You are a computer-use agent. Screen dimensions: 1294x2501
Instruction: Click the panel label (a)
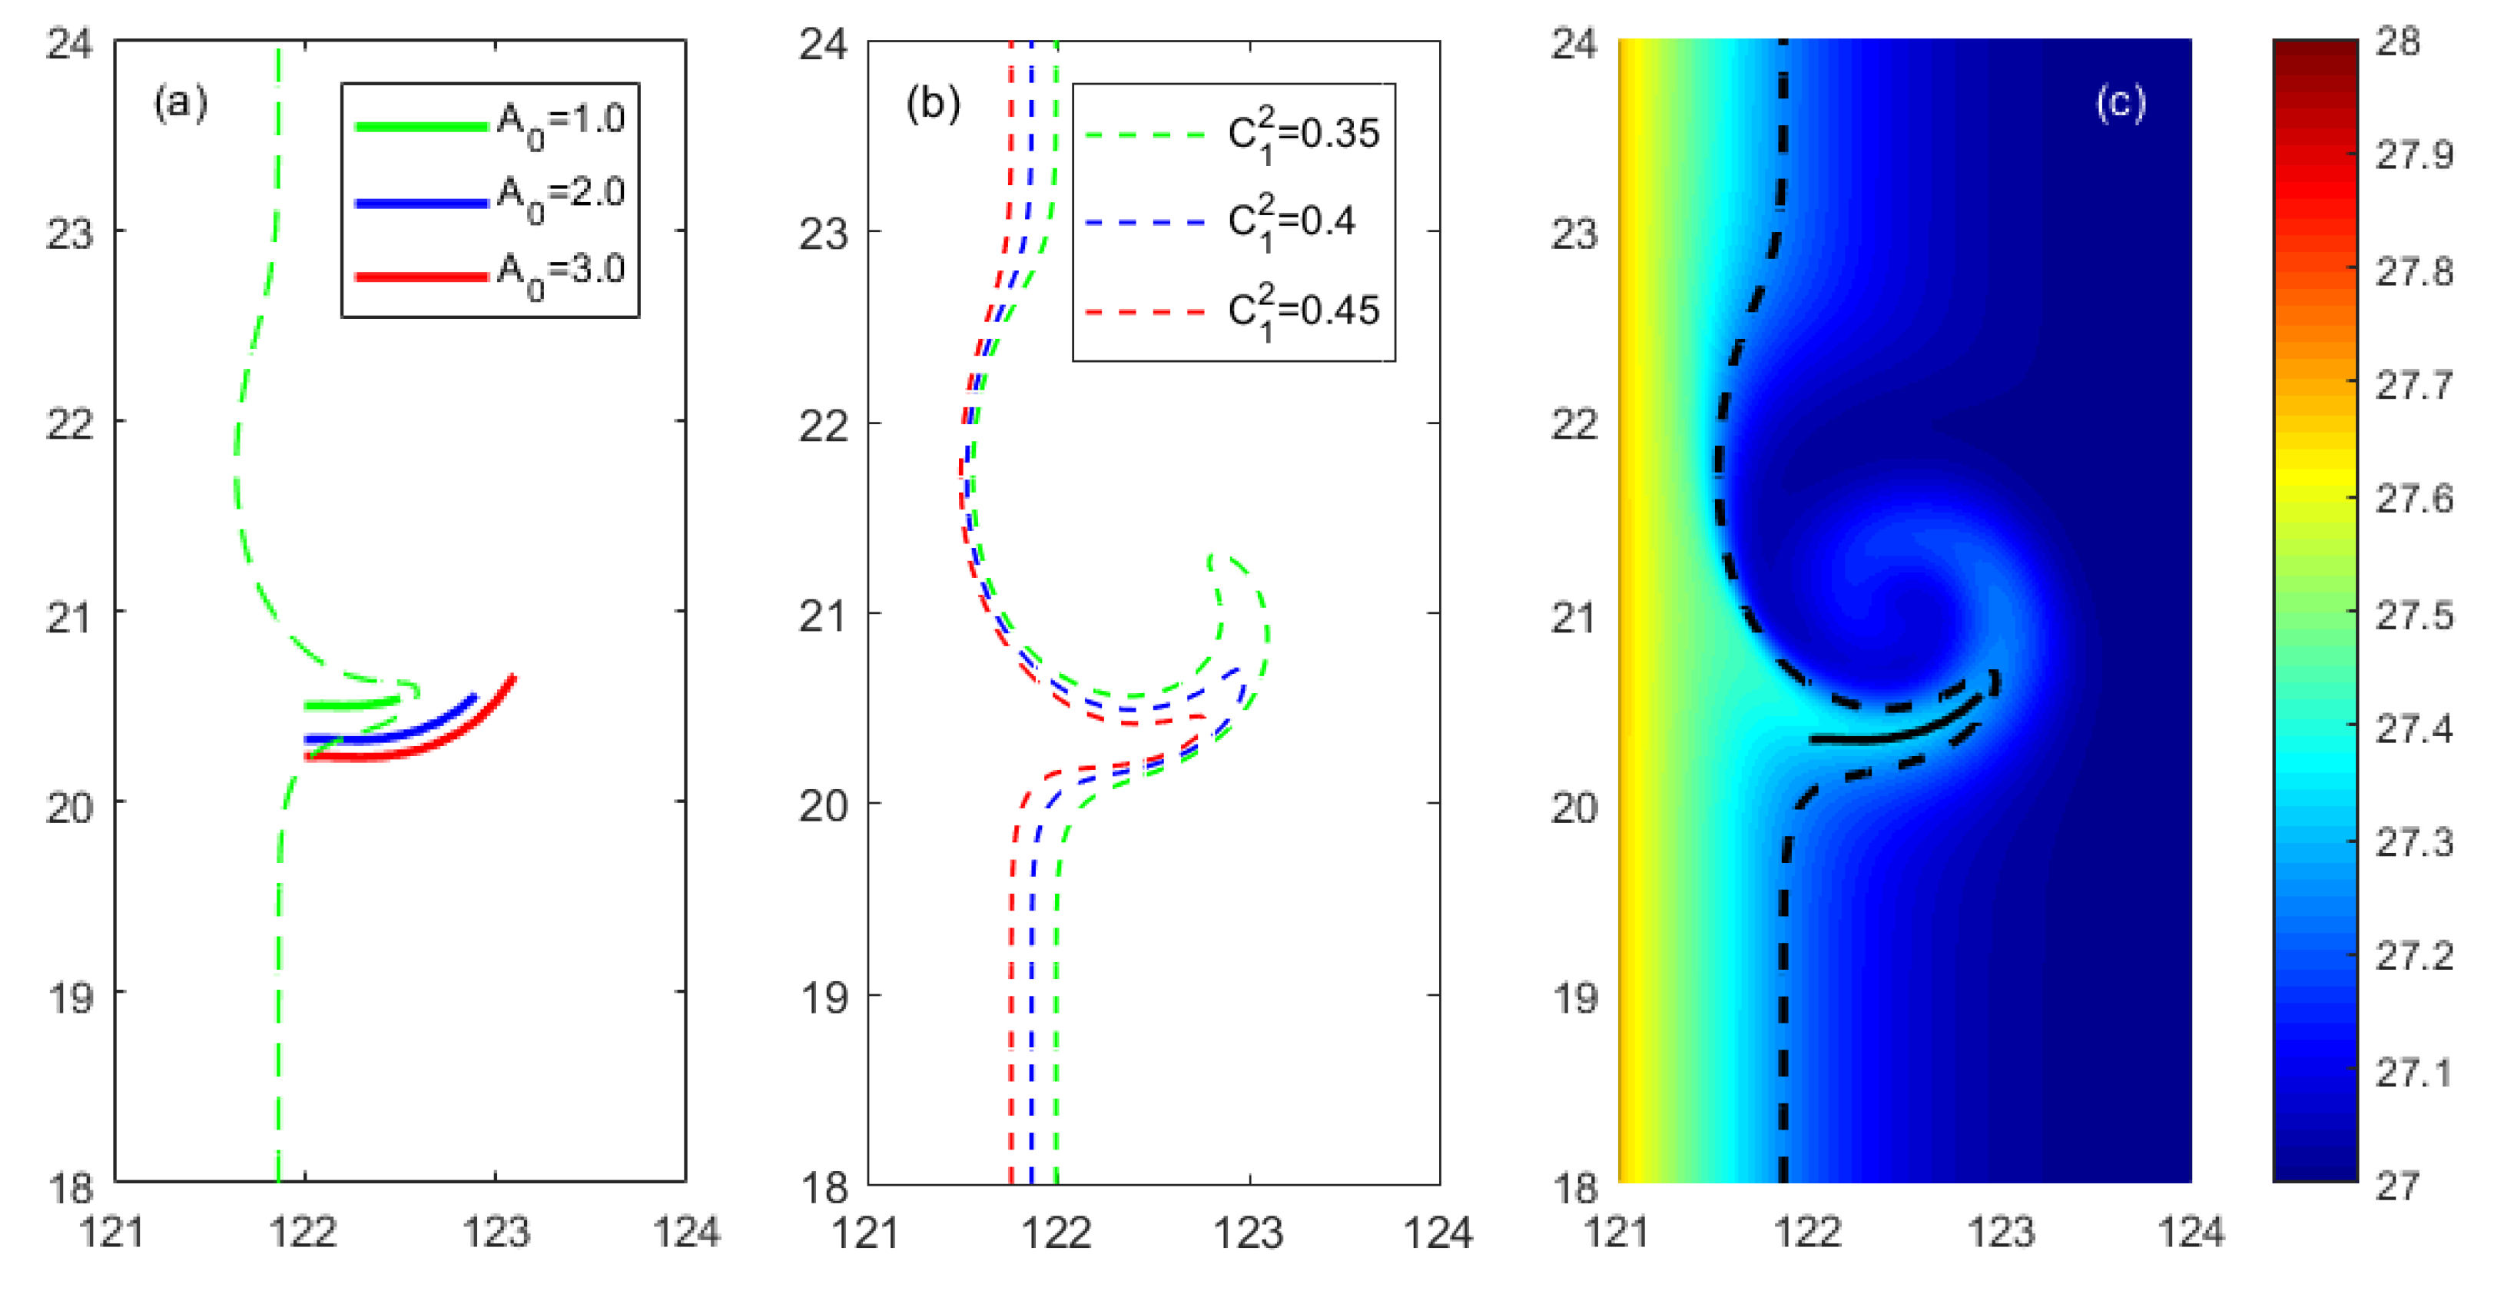tap(181, 102)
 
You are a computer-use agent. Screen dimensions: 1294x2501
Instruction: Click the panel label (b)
tap(933, 102)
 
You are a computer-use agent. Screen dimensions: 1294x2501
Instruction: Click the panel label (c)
tap(2121, 102)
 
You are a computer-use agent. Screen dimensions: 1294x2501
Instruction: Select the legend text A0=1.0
tap(561, 123)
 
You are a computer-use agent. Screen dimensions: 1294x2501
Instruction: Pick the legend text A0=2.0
tap(561, 197)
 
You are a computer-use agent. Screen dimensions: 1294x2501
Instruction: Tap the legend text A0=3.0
tap(561, 273)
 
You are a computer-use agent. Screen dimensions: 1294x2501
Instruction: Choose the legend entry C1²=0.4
tap(1292, 221)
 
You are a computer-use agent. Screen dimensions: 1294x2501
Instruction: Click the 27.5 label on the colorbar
tap(2413, 615)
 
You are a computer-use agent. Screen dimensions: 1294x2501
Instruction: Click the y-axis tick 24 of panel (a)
tap(70, 44)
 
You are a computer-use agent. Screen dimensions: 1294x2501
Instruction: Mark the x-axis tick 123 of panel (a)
tap(496, 1232)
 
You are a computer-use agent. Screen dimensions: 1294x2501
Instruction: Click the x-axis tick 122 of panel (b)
tap(1056, 1232)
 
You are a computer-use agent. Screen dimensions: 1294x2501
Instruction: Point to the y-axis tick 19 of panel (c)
tap(1575, 997)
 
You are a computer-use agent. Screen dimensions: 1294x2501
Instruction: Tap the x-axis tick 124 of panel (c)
tap(2191, 1232)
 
